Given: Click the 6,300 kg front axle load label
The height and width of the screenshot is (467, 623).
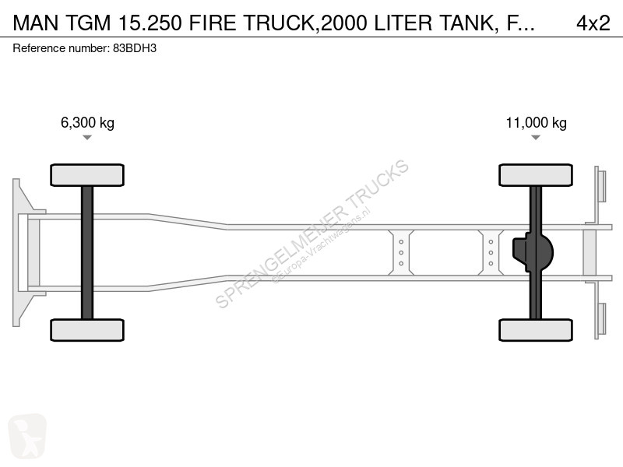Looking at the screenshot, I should tap(87, 123).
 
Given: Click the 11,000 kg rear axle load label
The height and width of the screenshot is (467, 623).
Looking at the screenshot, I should tap(536, 123).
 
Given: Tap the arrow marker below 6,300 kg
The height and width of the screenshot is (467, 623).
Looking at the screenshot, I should tap(87, 138).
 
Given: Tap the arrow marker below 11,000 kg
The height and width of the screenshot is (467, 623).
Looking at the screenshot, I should tap(536, 138).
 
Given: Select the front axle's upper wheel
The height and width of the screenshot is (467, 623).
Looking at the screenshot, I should tap(87, 175).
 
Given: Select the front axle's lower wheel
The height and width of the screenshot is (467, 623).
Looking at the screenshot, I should tap(87, 330).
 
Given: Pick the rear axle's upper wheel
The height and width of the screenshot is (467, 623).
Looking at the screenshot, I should tap(536, 175).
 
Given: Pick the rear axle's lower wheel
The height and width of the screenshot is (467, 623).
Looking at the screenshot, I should tap(536, 330).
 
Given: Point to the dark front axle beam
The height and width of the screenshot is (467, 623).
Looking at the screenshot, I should tap(87, 252).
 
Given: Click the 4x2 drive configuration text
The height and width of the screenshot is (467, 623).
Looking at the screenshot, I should tap(593, 24).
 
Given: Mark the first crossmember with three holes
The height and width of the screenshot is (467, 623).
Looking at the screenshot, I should tap(401, 252).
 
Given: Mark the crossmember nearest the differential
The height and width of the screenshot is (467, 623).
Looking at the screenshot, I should tap(491, 252).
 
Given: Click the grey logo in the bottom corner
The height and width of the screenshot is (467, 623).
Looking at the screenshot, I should tap(27, 436).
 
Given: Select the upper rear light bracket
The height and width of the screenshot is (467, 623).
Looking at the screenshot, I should tap(601, 186).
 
